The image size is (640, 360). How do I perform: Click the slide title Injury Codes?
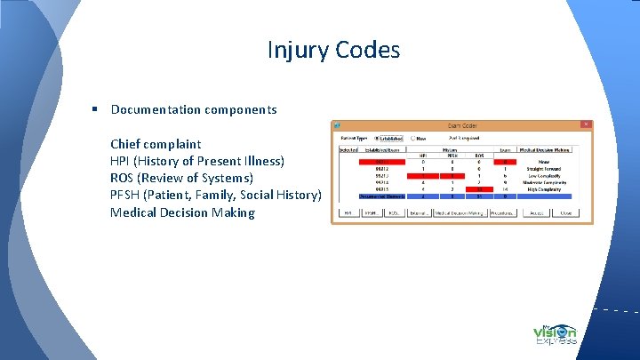(x=333, y=50)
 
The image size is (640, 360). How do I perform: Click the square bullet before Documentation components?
(x=93, y=109)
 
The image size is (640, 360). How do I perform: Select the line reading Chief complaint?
(x=156, y=144)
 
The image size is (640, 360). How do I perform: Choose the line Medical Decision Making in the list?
(x=182, y=212)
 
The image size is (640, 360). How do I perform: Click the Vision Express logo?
(x=556, y=334)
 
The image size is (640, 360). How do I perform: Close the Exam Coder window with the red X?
(x=585, y=124)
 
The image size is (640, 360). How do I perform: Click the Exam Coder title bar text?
(x=461, y=125)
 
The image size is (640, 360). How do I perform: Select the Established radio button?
(x=378, y=138)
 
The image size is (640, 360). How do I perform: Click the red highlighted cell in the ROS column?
(x=478, y=189)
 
